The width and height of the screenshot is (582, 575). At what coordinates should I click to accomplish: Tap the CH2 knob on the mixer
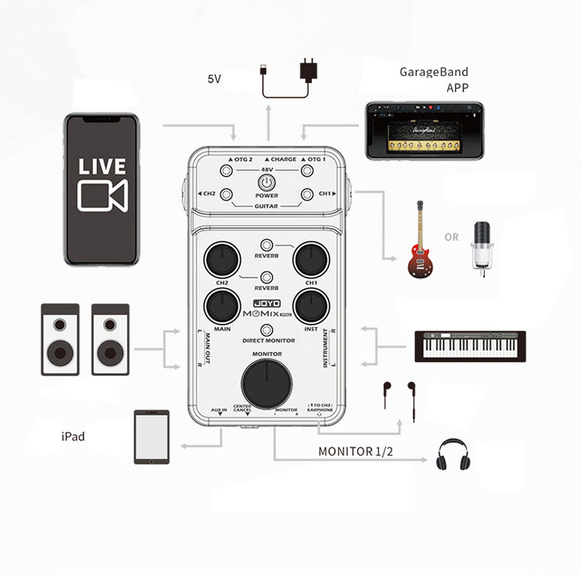tap(220, 258)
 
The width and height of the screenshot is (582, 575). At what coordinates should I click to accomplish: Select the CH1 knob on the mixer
tap(310, 258)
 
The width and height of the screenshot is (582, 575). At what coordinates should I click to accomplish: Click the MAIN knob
tap(220, 306)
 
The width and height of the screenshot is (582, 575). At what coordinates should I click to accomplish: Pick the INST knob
tap(310, 306)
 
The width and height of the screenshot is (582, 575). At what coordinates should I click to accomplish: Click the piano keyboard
tap(470, 346)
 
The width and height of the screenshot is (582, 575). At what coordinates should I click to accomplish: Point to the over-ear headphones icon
tap(452, 454)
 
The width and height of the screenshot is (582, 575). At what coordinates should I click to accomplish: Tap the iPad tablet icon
tap(152, 437)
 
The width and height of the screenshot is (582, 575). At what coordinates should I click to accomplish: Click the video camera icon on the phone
tap(102, 197)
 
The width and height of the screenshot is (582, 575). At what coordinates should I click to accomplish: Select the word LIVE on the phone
tap(102, 166)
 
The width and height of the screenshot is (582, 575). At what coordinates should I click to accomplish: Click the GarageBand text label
tap(433, 72)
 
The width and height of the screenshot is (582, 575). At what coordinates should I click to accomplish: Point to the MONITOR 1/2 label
tap(355, 451)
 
